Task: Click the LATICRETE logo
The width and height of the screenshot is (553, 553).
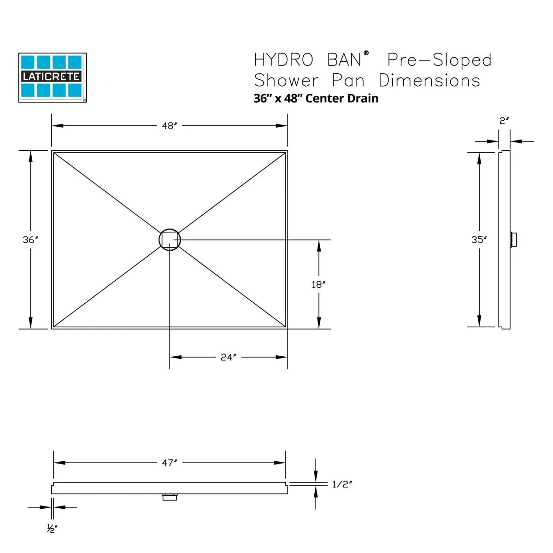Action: point(53,77)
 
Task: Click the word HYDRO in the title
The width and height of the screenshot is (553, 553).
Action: point(283,60)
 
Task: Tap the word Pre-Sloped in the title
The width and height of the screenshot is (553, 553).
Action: point(439,60)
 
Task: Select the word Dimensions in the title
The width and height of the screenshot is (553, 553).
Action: point(429,81)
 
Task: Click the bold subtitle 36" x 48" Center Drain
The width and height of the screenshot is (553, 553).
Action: point(316,98)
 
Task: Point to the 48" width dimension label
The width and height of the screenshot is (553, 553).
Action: point(170,126)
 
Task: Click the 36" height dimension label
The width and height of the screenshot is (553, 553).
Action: point(30,240)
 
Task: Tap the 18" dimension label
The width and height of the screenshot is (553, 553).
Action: point(318,284)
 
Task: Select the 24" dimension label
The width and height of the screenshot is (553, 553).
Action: point(229,357)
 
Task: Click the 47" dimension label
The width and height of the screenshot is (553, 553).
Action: point(170,463)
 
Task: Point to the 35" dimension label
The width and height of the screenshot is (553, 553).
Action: point(479,240)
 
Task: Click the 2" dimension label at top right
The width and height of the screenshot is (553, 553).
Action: point(504,121)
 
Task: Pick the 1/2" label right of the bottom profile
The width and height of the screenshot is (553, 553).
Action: point(342,484)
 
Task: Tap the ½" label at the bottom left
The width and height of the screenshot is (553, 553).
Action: point(52,529)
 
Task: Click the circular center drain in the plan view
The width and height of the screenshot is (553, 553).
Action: point(170,239)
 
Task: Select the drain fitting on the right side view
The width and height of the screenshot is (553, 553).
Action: point(513,240)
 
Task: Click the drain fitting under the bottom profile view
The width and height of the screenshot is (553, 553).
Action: point(170,497)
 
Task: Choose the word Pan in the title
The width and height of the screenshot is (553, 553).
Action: point(348,81)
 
